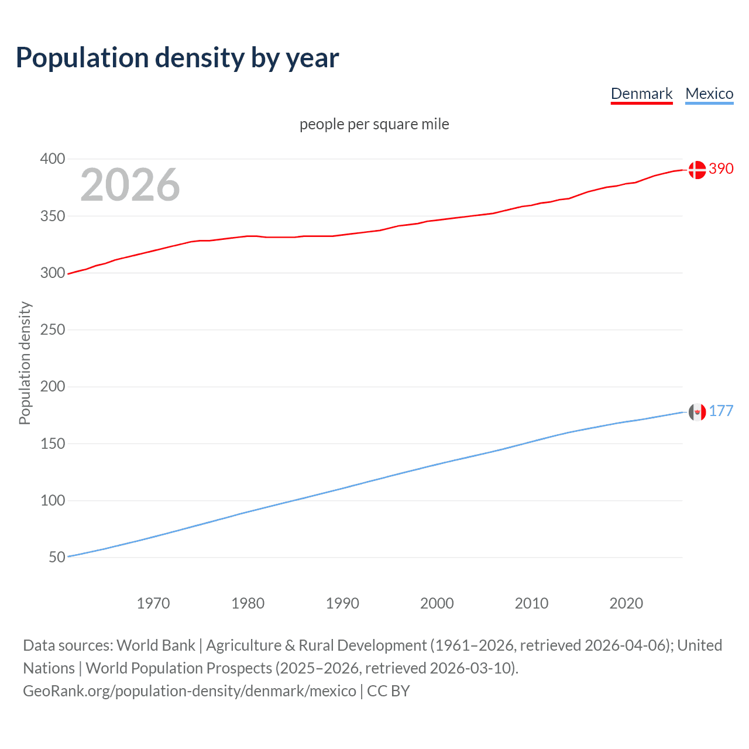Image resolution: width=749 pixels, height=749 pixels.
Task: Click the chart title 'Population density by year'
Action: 177,58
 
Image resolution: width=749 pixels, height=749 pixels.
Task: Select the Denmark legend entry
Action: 641,94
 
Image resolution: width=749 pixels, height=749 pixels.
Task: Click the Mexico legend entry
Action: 709,94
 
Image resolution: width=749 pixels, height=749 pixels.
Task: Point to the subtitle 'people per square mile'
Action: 374,124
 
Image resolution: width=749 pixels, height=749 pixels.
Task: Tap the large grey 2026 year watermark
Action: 130,185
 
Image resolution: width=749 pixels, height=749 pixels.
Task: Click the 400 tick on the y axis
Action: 53,159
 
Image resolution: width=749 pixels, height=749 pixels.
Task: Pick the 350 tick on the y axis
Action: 53,216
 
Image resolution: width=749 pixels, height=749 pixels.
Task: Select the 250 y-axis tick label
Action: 53,330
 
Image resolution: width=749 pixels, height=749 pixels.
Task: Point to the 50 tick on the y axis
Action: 57,557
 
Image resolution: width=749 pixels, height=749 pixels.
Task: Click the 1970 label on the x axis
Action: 153,603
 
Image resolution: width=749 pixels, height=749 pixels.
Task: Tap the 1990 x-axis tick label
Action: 342,603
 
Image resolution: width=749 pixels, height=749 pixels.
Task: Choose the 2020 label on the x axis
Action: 626,603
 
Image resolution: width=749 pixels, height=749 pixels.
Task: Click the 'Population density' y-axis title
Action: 25,363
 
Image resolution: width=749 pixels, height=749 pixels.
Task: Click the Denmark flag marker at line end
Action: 697,170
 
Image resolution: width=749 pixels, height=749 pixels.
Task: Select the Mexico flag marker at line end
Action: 697,412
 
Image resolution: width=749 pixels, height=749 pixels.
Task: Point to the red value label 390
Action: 721,169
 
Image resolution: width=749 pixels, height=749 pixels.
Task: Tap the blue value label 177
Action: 721,411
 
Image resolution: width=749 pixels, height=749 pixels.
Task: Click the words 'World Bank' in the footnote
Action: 156,645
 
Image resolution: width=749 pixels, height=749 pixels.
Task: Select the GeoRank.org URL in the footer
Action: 190,691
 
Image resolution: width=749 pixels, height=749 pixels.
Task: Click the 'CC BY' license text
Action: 389,691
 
